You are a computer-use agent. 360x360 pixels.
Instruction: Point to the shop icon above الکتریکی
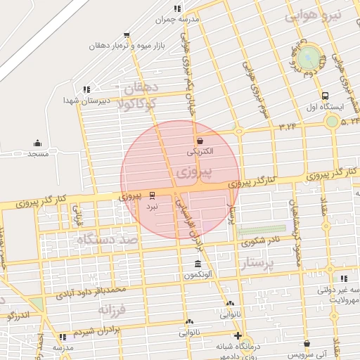point(200,140)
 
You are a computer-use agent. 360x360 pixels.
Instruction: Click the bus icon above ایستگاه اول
point(324,96)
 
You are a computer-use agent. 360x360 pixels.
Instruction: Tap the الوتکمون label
point(199,274)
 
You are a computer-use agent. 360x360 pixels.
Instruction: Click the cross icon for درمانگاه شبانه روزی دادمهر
point(238,336)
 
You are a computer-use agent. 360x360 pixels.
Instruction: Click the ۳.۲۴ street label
point(288,127)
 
